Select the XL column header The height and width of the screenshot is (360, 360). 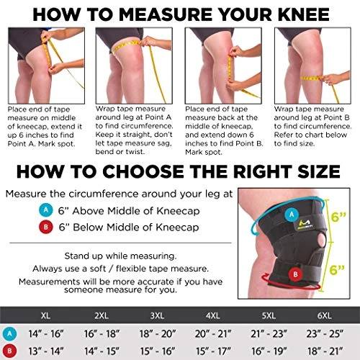pyautogui.click(x=45, y=315)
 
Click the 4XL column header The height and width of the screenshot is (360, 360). pyautogui.click(x=213, y=315)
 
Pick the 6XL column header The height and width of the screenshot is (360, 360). pyautogui.click(x=324, y=315)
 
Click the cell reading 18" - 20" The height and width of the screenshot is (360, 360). pyautogui.click(x=158, y=333)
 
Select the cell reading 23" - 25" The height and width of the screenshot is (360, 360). pyautogui.click(x=325, y=333)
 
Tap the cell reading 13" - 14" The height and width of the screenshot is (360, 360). pyautogui.click(x=46, y=351)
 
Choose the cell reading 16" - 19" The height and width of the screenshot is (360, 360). pyautogui.click(x=269, y=351)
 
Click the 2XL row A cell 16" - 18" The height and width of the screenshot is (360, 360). pyautogui.click(x=102, y=333)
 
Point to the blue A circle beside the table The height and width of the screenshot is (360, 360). pyautogui.click(x=9, y=333)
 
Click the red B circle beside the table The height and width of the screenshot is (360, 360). pyautogui.click(x=9, y=351)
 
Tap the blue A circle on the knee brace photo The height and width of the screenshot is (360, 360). pyautogui.click(x=292, y=215)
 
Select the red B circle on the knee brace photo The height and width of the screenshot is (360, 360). pyautogui.click(x=295, y=274)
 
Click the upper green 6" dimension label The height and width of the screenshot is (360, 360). pyautogui.click(x=338, y=217)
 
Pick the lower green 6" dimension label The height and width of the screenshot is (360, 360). pyautogui.click(x=337, y=270)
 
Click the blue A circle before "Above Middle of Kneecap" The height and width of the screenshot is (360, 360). pyautogui.click(x=46, y=210)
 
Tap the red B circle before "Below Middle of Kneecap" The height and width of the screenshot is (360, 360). pyautogui.click(x=46, y=227)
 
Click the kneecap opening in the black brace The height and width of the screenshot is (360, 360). pyautogui.click(x=321, y=240)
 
